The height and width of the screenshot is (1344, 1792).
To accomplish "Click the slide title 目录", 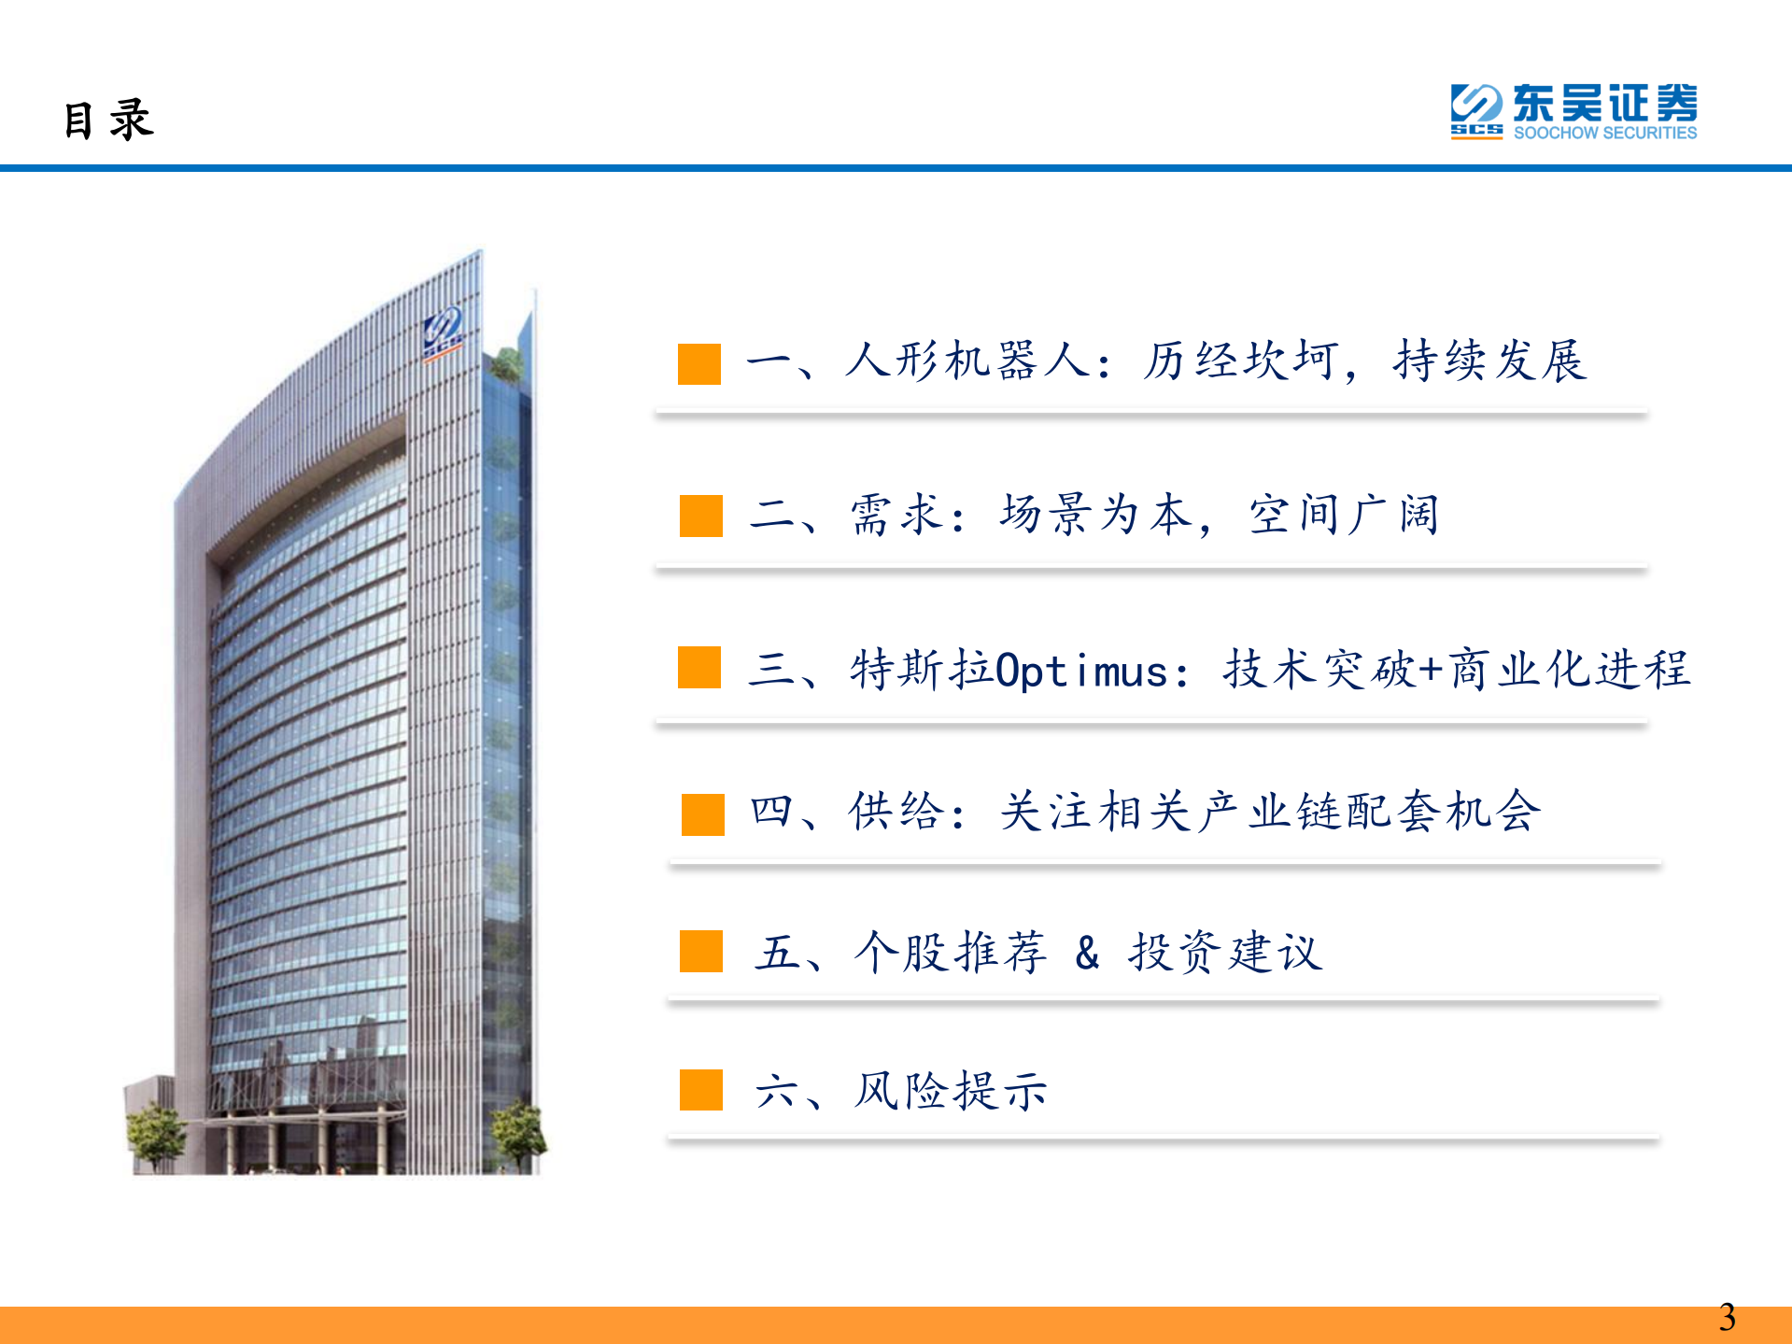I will [x=108, y=120].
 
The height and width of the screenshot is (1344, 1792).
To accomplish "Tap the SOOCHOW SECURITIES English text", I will [x=1604, y=133].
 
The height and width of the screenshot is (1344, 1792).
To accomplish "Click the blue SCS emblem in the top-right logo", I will [x=1475, y=110].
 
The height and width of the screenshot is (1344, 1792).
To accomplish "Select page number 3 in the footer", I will [x=1727, y=1317].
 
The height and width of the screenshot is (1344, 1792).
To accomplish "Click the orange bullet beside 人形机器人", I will [x=699, y=363].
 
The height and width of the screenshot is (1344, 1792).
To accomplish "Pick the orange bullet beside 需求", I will [x=700, y=516].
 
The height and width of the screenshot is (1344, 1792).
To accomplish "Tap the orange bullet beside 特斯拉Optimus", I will [x=699, y=667].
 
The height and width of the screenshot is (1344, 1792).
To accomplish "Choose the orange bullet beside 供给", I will [x=702, y=813].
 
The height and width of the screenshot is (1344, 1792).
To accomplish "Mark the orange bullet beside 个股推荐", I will [x=700, y=951].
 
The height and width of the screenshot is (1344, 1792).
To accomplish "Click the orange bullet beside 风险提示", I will [x=700, y=1089].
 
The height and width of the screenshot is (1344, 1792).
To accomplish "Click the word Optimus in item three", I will [x=1081, y=671].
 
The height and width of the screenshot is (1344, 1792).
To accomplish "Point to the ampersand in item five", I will [x=1087, y=953].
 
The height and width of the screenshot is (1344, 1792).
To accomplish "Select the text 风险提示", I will [x=951, y=1090].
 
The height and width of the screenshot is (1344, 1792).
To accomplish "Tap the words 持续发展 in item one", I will [x=1489, y=361].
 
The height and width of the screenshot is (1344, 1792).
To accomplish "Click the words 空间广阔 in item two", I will [x=1344, y=514].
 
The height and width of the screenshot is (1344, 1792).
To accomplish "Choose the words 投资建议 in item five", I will [x=1224, y=953].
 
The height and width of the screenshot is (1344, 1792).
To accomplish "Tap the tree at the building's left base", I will [x=155, y=1132].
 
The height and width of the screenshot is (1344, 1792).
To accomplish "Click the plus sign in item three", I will [x=1430, y=670].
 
